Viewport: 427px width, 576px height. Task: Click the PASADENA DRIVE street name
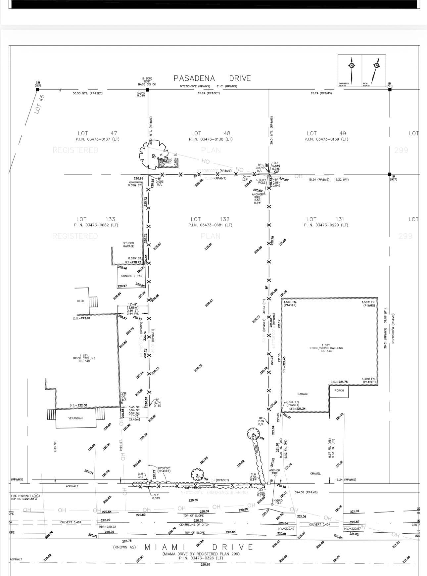click(212, 78)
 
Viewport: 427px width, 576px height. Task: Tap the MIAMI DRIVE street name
click(199, 547)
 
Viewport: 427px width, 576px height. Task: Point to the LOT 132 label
click(210, 219)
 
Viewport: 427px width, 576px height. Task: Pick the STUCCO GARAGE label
click(128, 244)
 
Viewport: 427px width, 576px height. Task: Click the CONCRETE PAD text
click(132, 276)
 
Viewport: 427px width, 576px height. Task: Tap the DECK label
click(80, 301)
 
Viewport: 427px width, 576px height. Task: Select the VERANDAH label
click(75, 419)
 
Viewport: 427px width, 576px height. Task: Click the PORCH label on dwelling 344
click(339, 391)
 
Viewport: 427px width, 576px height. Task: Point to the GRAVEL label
click(315, 474)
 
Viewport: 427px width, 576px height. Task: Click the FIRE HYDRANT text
click(21, 496)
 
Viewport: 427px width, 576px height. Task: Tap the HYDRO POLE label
click(278, 502)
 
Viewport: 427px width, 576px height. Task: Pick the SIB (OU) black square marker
click(37, 89)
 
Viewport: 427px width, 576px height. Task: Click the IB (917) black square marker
click(390, 174)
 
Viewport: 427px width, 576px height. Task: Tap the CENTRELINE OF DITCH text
click(194, 525)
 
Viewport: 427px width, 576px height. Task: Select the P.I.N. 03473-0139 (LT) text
click(326, 139)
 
